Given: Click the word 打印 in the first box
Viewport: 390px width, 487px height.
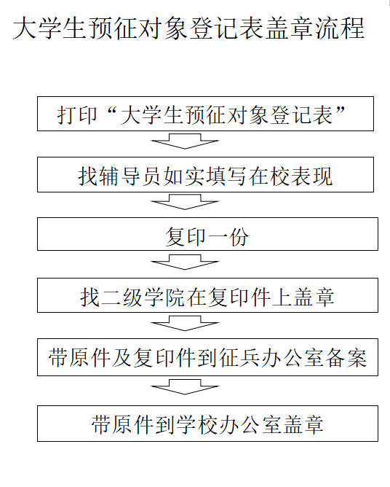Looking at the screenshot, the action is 77,115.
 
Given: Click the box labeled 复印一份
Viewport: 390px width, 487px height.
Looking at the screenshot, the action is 207,234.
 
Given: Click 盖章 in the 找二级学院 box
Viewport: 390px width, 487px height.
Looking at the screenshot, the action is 314,297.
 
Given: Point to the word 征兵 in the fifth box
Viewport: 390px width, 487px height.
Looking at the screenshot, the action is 239,358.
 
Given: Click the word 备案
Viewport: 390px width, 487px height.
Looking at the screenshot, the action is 346,358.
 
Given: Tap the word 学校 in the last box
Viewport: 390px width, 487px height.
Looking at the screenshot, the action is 197,424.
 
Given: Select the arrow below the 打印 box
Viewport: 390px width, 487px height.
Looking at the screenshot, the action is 185,141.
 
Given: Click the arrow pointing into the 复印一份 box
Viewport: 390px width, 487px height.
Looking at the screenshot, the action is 185,202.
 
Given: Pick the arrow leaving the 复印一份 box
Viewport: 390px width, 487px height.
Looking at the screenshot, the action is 185,262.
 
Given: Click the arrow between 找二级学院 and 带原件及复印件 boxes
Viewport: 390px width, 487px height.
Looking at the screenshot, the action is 185,323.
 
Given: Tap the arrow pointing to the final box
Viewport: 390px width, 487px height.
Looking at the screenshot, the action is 185,386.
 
